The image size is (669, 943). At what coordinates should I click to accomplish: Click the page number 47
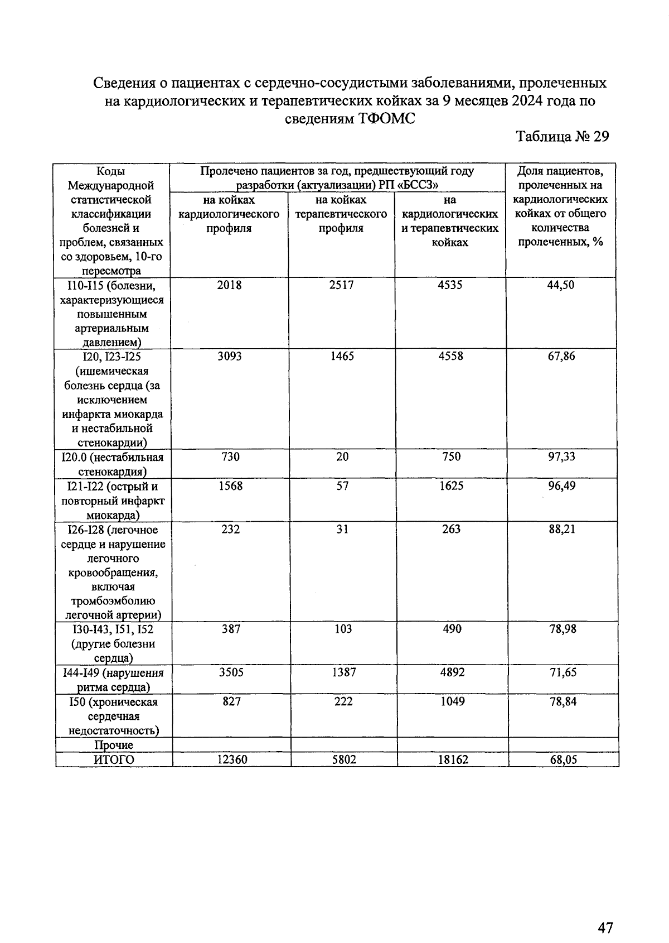(x=605, y=897)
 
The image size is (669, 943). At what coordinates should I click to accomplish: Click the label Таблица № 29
(x=563, y=137)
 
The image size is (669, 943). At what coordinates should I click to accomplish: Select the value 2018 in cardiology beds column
(x=229, y=285)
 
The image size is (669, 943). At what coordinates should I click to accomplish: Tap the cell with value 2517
(x=341, y=285)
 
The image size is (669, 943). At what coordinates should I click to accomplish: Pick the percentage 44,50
(x=560, y=285)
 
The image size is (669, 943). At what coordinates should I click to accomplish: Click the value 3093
(x=230, y=357)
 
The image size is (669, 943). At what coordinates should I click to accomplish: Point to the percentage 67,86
(x=561, y=357)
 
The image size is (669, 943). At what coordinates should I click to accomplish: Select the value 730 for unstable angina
(x=230, y=457)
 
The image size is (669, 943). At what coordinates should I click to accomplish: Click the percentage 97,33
(x=561, y=457)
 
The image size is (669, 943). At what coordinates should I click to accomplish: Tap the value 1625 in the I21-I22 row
(x=451, y=486)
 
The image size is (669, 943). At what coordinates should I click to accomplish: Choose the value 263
(x=451, y=529)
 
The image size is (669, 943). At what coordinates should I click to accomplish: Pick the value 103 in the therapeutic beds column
(x=343, y=629)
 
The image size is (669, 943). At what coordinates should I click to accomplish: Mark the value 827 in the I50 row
(x=231, y=701)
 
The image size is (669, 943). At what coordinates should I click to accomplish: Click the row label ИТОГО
(x=114, y=759)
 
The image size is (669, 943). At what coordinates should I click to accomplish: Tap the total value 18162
(x=452, y=759)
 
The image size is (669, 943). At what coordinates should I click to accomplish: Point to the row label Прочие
(x=114, y=745)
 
